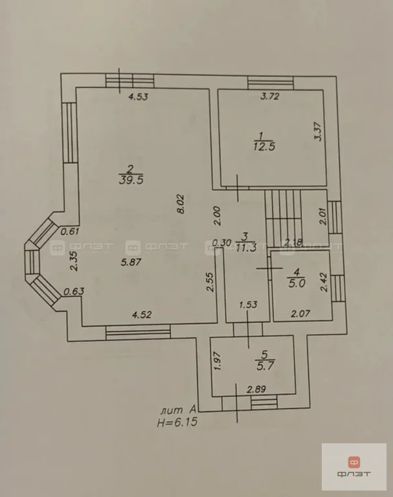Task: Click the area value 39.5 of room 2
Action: point(131,181)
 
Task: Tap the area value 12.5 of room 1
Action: point(264,147)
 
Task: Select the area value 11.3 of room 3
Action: point(247,248)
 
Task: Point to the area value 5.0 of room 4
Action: point(297,283)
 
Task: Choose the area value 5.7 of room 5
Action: point(265,366)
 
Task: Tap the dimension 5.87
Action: point(131,262)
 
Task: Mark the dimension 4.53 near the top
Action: point(139,96)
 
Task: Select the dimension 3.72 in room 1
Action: point(270,96)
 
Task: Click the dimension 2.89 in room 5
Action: point(256,389)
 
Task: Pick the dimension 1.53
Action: point(248,305)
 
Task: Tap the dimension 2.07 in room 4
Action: point(300,313)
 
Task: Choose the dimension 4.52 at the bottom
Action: point(142,315)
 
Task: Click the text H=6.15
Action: point(177,422)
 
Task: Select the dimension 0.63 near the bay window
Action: point(74,291)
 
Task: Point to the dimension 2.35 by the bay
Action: point(74,261)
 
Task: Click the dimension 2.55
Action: point(210,282)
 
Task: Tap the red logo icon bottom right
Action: point(354,462)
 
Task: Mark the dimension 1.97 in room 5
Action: point(218,360)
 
